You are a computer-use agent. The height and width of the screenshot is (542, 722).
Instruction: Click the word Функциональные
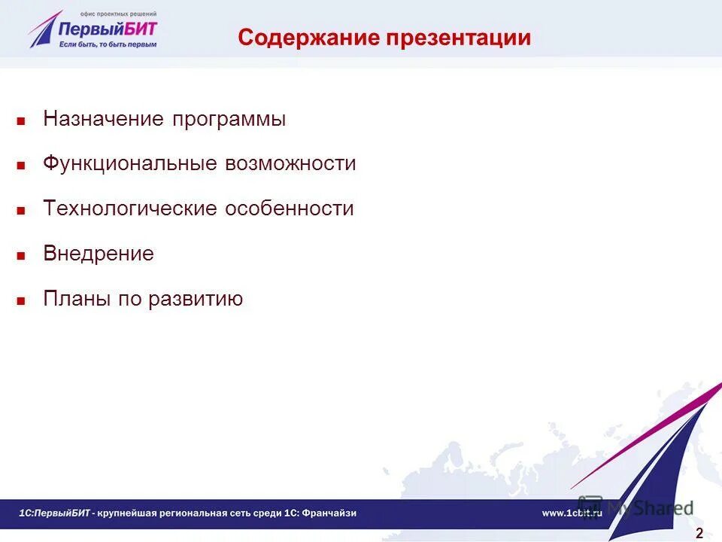click(x=130, y=164)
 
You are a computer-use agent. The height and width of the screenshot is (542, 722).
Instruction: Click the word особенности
click(x=289, y=209)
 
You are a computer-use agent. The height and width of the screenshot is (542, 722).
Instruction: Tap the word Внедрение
click(x=99, y=254)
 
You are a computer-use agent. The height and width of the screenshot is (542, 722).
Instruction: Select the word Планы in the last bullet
click(x=77, y=299)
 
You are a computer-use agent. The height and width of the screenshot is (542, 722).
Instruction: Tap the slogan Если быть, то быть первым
click(x=108, y=44)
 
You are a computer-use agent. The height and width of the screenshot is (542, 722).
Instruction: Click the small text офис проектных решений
click(x=120, y=13)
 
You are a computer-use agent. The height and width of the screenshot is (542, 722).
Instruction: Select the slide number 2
click(x=699, y=534)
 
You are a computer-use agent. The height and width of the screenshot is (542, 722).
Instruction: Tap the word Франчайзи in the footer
click(x=330, y=513)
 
